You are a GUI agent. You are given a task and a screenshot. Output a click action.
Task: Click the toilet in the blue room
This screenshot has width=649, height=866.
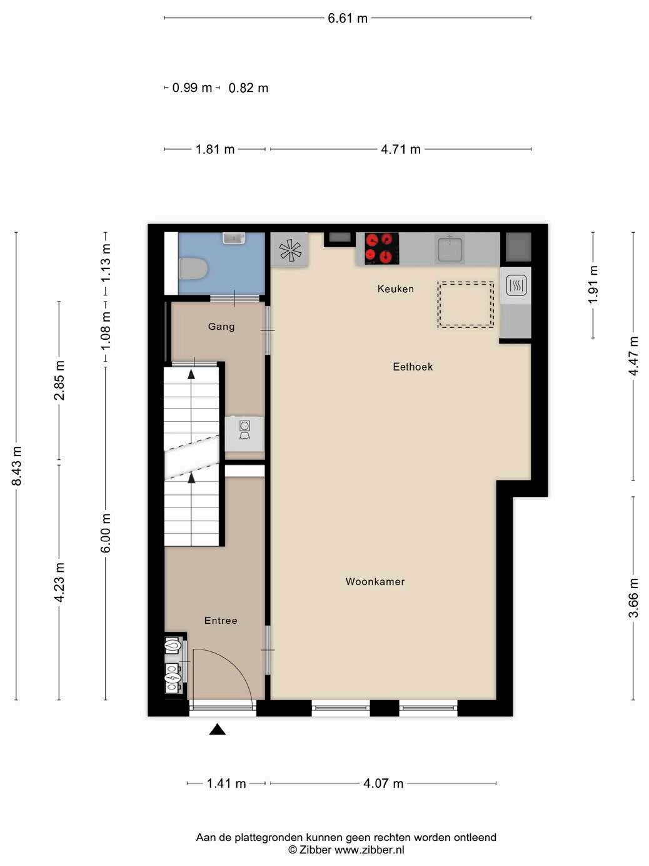click(x=193, y=268)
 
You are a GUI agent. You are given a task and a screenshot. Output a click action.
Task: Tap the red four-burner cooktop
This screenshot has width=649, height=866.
click(x=381, y=248)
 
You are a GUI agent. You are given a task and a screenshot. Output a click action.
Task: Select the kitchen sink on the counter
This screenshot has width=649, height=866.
click(x=449, y=248)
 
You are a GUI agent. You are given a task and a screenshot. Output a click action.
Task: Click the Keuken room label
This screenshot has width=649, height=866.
click(x=396, y=289)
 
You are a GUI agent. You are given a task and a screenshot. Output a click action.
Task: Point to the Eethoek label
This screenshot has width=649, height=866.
click(x=413, y=367)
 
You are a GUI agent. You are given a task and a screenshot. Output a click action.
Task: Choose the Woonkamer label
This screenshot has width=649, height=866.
click(x=375, y=581)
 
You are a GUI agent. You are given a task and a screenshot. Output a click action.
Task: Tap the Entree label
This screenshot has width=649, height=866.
click(x=221, y=621)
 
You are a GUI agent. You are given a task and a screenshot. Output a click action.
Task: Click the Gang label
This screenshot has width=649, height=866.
click(x=221, y=327)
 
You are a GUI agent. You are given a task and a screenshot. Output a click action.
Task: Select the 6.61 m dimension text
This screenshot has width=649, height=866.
click(x=348, y=18)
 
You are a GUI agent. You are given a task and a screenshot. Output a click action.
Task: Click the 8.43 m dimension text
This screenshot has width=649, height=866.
click(x=16, y=466)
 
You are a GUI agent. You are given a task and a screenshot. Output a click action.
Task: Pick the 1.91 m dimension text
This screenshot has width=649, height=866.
click(x=593, y=284)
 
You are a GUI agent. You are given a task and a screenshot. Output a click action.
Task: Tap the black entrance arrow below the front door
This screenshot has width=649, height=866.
click(x=217, y=730)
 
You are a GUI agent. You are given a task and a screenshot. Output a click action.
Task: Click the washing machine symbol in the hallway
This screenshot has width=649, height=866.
click(x=244, y=430)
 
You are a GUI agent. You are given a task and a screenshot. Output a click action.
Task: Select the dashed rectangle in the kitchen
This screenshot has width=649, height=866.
click(x=465, y=304)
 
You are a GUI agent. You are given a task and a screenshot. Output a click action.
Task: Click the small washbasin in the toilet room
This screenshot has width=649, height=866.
click(x=234, y=238)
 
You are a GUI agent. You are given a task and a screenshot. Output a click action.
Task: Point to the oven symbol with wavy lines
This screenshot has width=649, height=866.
click(x=516, y=285)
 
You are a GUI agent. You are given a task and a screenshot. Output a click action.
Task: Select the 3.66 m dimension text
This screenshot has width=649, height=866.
click(x=633, y=598)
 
